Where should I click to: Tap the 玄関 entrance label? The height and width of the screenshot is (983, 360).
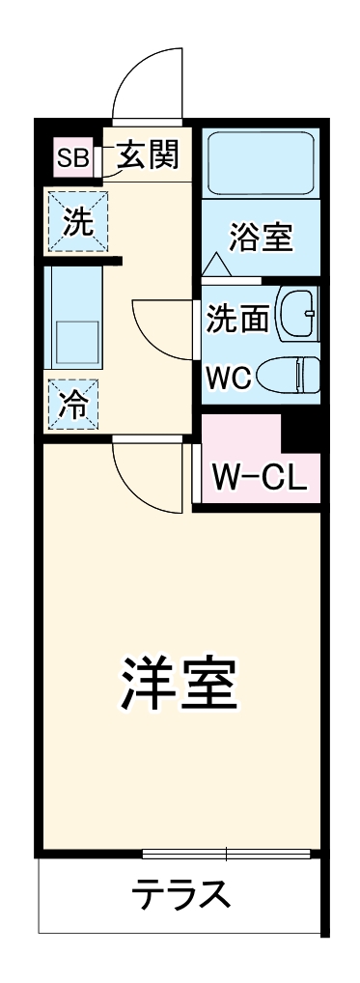[x=148, y=156]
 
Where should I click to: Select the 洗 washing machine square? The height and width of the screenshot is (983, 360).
[x=78, y=222]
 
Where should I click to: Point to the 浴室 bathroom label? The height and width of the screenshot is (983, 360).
[x=261, y=237]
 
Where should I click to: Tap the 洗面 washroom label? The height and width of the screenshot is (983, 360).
[x=237, y=319]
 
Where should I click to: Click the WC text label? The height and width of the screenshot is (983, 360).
[x=230, y=378]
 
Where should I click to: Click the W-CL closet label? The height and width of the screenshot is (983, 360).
[x=259, y=476]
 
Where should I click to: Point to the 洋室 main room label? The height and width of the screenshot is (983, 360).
[x=179, y=684]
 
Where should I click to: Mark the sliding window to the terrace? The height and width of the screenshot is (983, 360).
[x=226, y=854]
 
